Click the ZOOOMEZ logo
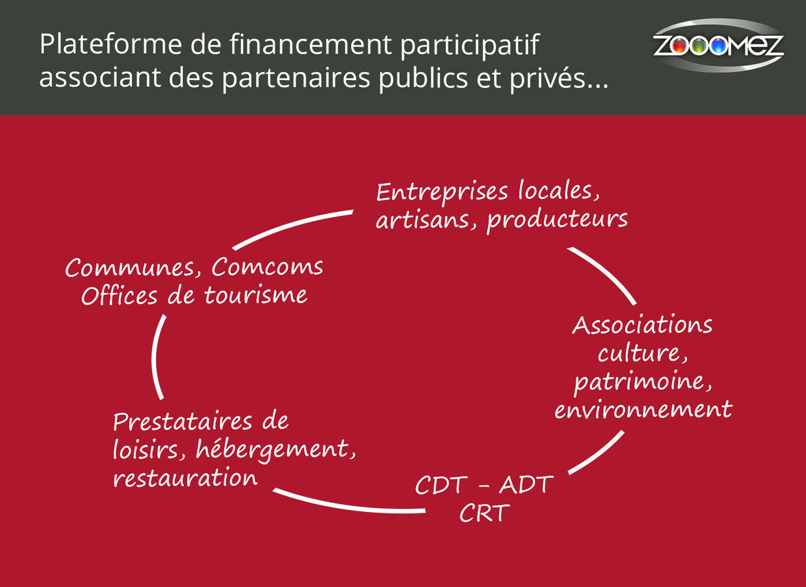(718, 46)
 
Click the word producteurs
(557, 220)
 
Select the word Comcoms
(268, 267)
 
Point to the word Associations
(642, 325)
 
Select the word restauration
(185, 478)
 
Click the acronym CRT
(484, 513)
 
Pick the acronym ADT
(526, 485)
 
